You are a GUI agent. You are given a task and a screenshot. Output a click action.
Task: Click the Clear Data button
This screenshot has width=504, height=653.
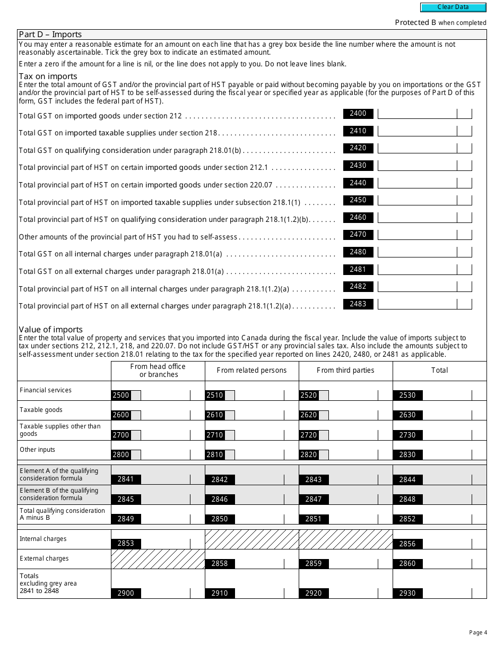pyautogui.click(x=453, y=7)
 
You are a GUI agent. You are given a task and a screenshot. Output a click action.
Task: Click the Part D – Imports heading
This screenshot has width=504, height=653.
pyautogui.click(x=50, y=35)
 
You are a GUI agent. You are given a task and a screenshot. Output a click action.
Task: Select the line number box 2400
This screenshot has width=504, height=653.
pyautogui.click(x=358, y=114)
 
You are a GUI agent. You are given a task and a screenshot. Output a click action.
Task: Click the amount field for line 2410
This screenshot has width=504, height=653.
pyautogui.click(x=417, y=131)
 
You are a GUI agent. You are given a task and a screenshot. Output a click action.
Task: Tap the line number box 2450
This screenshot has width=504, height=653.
pyautogui.click(x=358, y=200)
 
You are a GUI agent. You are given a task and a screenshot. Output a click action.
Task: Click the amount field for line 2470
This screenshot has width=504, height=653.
pyautogui.click(x=417, y=235)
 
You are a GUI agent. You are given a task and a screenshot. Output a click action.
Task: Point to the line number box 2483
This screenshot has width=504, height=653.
pyautogui.click(x=358, y=304)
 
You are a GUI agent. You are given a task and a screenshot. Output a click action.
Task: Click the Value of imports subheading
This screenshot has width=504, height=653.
pyautogui.click(x=51, y=330)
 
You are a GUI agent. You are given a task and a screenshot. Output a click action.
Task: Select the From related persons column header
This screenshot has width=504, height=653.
pyautogui.click(x=251, y=371)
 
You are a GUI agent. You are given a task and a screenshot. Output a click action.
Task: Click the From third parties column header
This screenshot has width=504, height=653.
pyautogui.click(x=345, y=371)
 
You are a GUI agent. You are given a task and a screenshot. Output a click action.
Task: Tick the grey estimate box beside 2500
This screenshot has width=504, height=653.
pyautogui.click(x=136, y=396)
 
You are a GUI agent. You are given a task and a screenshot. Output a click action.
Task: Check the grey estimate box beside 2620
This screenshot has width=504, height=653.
pyautogui.click(x=324, y=415)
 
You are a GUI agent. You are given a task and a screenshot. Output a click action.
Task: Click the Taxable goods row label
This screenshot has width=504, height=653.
pyautogui.click(x=41, y=410)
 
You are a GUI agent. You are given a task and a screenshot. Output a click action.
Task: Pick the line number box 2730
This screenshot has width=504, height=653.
pyautogui.click(x=407, y=435)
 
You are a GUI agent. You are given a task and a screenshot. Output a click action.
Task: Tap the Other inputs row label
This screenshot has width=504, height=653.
pyautogui.click(x=37, y=450)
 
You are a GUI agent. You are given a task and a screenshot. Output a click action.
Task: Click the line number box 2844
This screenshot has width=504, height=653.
pyautogui.click(x=407, y=479)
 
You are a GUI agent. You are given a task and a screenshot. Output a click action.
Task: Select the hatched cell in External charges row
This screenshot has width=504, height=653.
pyautogui.click(x=158, y=559)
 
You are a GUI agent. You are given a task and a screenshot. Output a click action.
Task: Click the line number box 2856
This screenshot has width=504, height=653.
pyautogui.click(x=407, y=544)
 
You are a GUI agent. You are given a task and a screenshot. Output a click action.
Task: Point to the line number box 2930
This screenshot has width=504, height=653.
pyautogui.click(x=407, y=593)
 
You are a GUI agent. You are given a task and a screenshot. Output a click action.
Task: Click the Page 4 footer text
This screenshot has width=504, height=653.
pyautogui.click(x=476, y=632)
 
